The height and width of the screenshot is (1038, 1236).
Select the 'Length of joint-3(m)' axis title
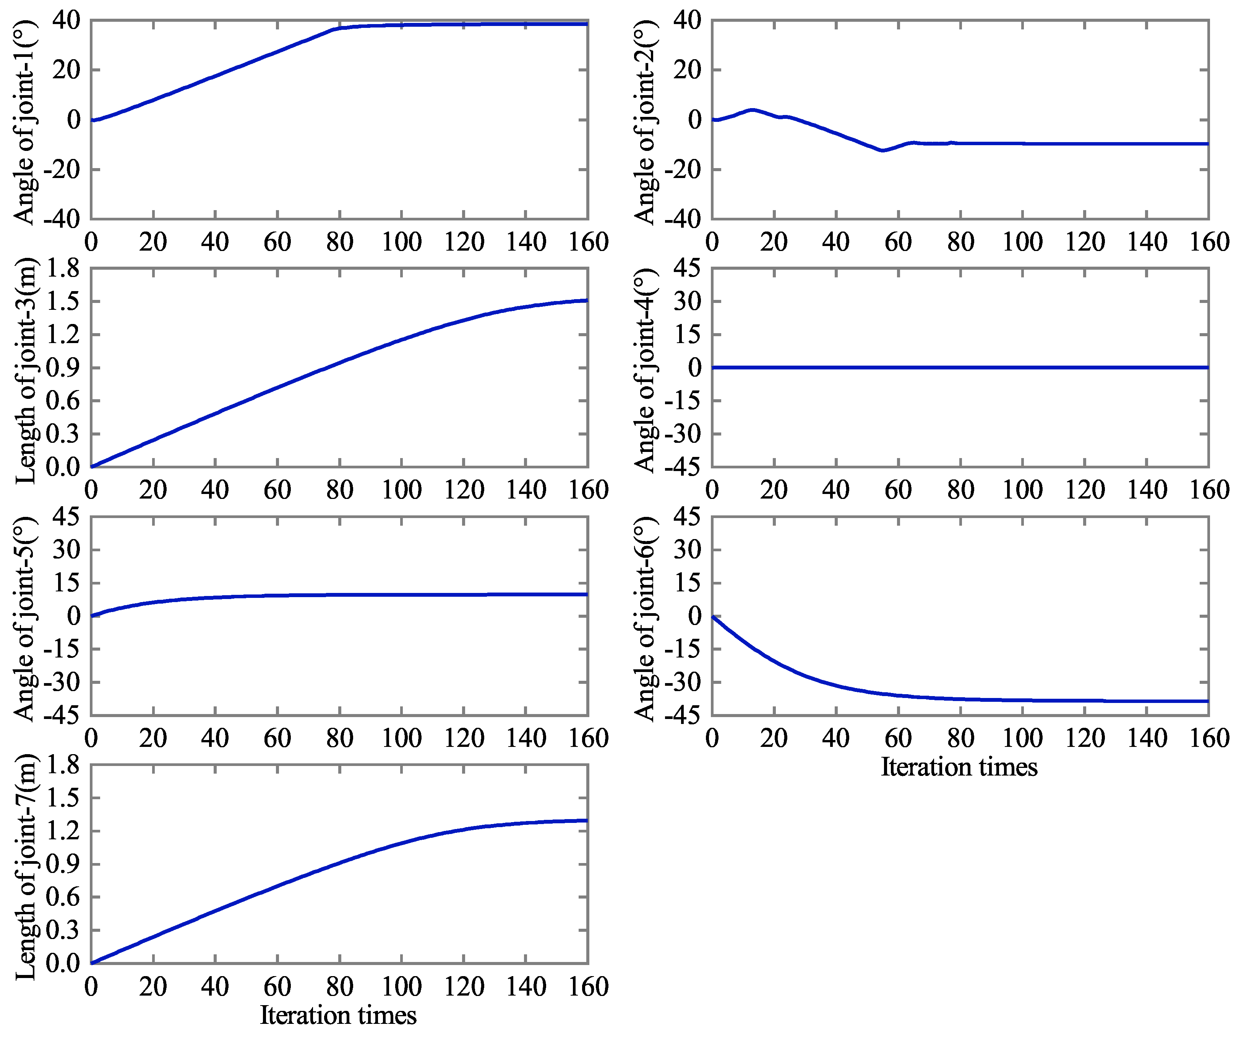tap(25, 371)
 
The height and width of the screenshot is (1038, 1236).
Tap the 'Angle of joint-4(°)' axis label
tap(646, 371)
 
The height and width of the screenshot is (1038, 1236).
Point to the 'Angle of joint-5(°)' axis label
tap(25, 619)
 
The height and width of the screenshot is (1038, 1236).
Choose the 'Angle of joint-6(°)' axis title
tap(646, 619)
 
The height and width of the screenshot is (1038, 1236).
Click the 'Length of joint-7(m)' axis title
tap(25, 867)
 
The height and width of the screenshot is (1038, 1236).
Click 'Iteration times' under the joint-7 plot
tap(339, 1015)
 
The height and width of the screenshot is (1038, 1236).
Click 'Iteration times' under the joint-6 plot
tap(959, 767)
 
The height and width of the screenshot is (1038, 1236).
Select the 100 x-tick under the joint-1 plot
tap(401, 242)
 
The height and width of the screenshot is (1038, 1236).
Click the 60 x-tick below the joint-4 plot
tap(898, 490)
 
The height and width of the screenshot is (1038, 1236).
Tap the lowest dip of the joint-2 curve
tap(882, 151)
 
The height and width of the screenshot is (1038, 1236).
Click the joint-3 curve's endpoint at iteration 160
tap(587, 300)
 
